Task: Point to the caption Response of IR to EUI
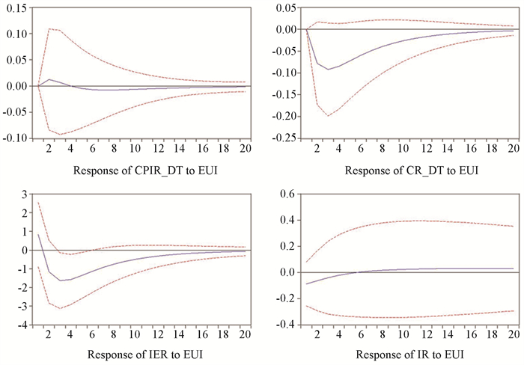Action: [x=409, y=354]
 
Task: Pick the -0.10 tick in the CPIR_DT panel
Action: [x=15, y=139]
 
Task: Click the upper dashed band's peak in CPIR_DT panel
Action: [x=49, y=29]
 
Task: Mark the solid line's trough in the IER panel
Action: [x=61, y=280]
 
